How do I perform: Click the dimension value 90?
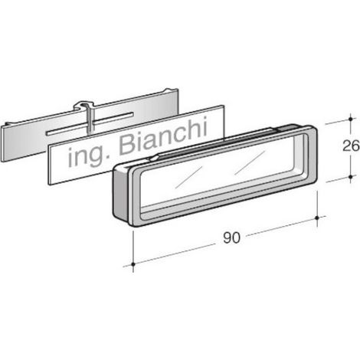coord(231,237)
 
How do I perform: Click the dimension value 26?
coord(351,146)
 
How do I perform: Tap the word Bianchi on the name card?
coord(163,138)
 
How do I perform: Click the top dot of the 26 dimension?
coord(351,119)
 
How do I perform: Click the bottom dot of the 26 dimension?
coord(351,177)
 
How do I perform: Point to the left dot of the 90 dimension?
coord(133,264)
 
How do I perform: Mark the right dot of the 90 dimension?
coord(317,218)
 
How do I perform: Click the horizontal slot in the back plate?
coord(90,124)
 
